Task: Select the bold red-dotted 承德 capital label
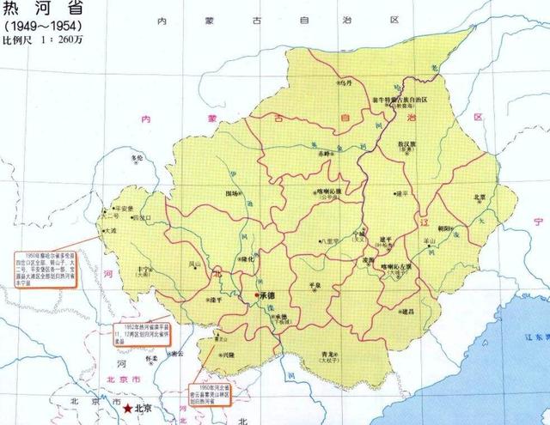272,295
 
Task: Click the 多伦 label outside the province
135,160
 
